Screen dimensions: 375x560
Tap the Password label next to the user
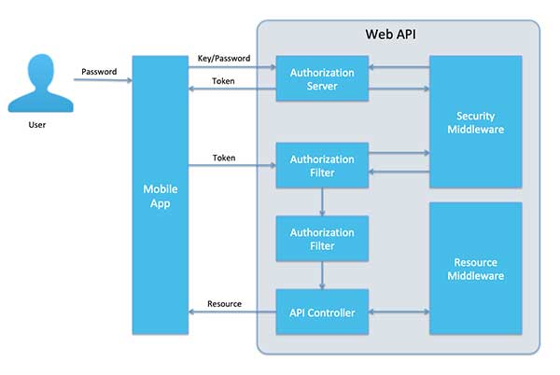point(99,72)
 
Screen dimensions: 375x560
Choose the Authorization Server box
point(322,78)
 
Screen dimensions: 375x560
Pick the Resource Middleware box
point(481,270)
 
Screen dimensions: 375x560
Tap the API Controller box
point(322,312)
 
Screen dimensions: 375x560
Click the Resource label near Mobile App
point(224,304)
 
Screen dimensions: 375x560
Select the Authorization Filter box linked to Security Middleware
point(322,166)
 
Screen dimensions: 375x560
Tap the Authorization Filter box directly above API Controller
point(322,239)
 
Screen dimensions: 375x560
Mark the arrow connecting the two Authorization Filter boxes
point(322,202)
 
